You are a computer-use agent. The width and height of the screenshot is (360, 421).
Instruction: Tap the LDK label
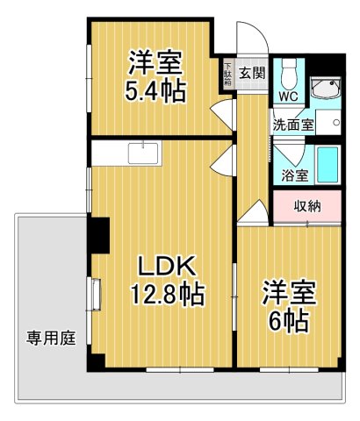click(x=167, y=265)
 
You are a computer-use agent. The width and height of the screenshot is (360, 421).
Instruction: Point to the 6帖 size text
click(x=288, y=320)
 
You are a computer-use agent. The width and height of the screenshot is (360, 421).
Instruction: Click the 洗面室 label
click(x=292, y=125)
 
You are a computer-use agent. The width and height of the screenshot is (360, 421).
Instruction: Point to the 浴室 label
click(x=294, y=175)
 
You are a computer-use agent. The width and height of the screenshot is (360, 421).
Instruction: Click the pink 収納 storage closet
click(x=306, y=206)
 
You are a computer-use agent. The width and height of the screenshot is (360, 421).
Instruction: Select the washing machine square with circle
click(x=329, y=122)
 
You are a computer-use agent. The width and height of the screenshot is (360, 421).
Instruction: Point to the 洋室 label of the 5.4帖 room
click(x=155, y=62)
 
